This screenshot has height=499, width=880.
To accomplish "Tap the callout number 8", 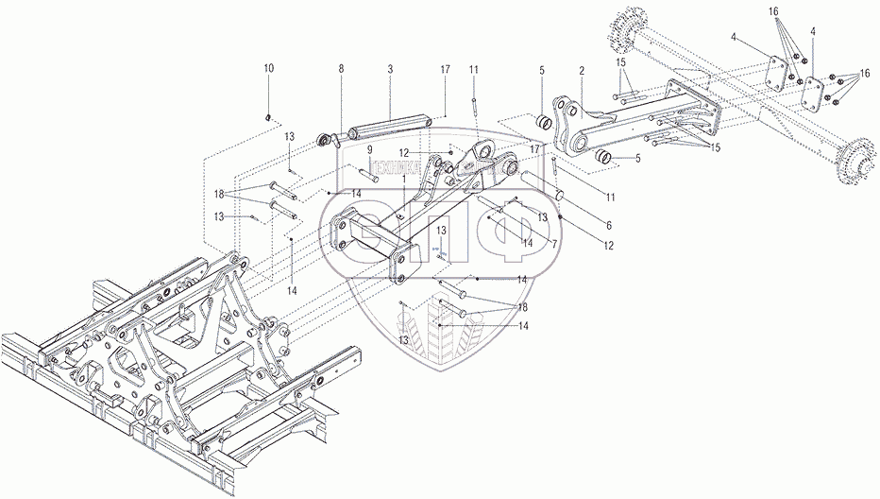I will coord(342,69).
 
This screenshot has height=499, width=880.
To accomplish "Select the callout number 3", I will coord(389,69).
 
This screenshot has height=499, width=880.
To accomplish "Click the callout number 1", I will coord(405,178).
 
